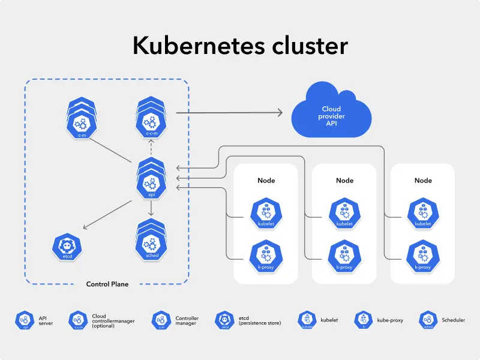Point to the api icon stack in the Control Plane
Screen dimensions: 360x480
151,178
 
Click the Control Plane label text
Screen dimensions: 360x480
107,284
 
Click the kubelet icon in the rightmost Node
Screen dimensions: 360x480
423,211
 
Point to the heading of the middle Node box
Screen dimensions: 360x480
344,180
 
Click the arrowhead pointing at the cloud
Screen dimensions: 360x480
280,112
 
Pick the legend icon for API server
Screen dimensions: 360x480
25,320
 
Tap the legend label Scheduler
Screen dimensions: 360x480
453,320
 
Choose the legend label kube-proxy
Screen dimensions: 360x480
390,320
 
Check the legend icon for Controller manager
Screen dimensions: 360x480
160,320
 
